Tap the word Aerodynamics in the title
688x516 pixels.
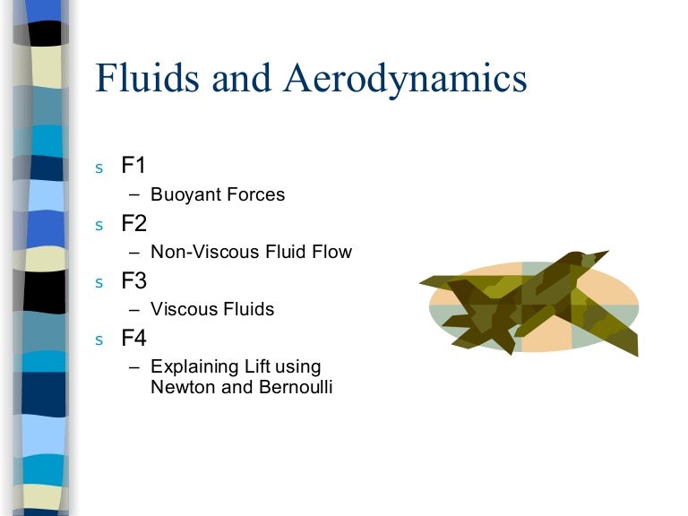point(406,78)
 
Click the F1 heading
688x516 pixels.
point(134,167)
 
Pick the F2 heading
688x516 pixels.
point(134,224)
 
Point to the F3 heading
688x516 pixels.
point(134,281)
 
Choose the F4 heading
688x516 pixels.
point(134,339)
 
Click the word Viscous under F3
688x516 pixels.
point(179,309)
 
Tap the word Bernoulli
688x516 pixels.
point(290,388)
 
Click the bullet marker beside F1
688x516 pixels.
point(99,168)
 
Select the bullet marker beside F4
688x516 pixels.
point(99,340)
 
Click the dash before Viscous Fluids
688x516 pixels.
point(134,309)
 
